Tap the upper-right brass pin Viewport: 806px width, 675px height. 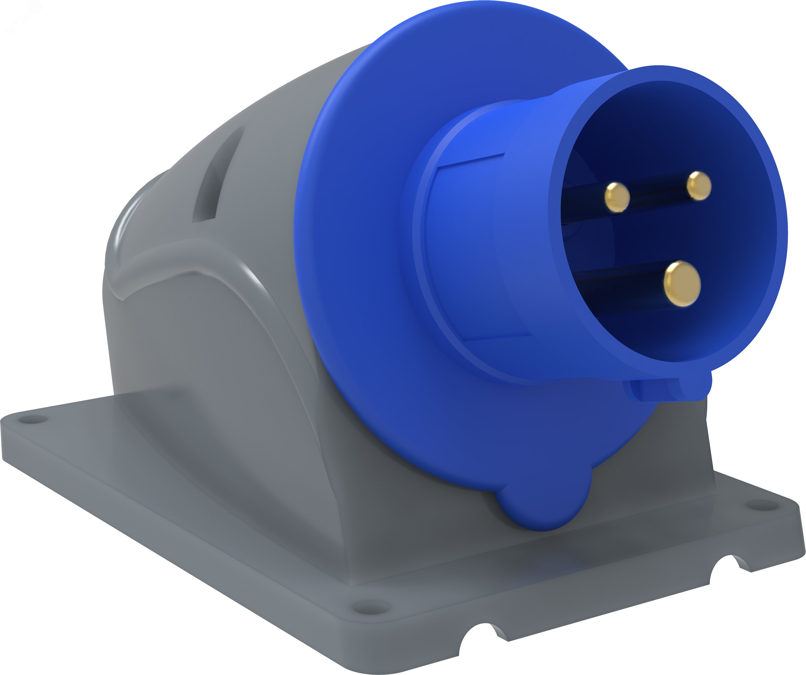(699, 186)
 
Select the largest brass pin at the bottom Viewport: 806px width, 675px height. (682, 284)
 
